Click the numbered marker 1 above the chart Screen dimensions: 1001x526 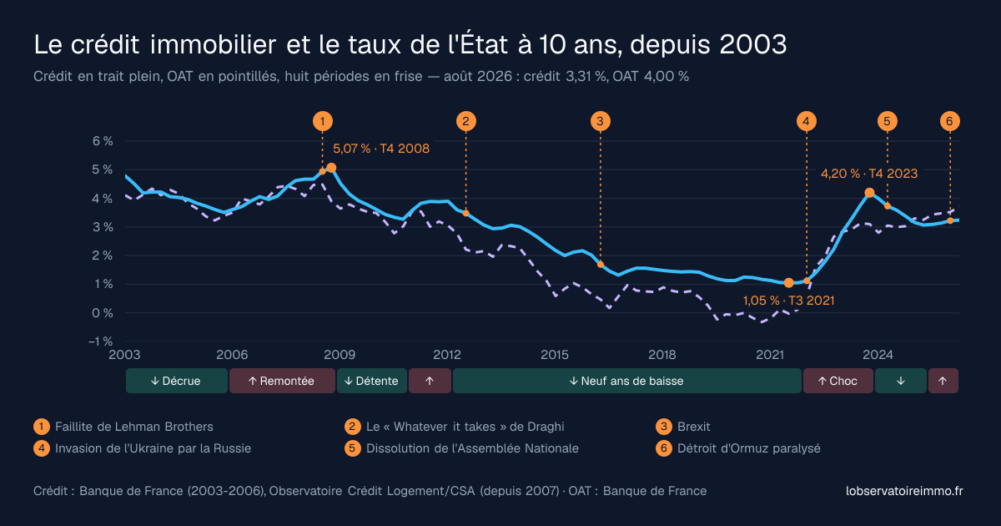tap(323, 121)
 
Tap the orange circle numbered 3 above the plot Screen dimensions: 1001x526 tap(600, 121)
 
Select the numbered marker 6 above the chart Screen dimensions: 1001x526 tap(949, 121)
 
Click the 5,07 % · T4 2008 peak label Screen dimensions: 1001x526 tap(381, 149)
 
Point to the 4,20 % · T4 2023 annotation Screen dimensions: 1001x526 tap(869, 174)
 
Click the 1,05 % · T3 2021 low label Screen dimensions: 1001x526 tap(789, 301)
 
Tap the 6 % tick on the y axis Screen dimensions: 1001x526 tap(103, 141)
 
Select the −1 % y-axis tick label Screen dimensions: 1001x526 tap(101, 341)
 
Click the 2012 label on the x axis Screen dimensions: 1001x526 tap(447, 355)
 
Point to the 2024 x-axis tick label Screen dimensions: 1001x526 tap(878, 355)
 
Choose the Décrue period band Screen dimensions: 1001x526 tap(177, 381)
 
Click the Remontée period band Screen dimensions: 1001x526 tap(283, 381)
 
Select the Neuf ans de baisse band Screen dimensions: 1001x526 tap(627, 381)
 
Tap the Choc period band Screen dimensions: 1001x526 tap(838, 381)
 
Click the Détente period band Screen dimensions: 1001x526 tap(372, 381)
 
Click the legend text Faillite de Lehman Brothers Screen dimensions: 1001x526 tap(134, 427)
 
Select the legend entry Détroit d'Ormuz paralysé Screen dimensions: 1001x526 tap(748, 448)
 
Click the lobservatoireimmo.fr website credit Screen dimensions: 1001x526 tap(904, 491)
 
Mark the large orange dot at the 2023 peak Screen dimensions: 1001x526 tap(869, 193)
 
